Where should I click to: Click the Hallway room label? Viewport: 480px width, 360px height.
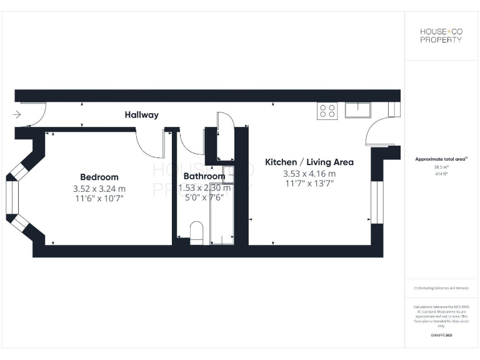click(141, 115)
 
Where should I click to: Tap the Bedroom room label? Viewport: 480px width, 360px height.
click(99, 177)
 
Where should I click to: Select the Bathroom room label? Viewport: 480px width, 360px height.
click(204, 176)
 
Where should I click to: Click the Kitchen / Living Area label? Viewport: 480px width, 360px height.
click(309, 162)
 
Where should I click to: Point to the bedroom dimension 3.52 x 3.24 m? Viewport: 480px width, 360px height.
click(99, 188)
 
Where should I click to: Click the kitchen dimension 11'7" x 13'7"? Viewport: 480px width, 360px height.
click(309, 184)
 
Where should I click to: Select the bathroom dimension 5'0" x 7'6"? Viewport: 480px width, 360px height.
click(204, 198)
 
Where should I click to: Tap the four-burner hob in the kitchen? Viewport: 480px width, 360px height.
click(327, 111)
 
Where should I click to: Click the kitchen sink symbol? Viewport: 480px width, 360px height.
click(357, 110)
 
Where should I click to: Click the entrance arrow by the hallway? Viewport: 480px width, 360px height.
click(17, 115)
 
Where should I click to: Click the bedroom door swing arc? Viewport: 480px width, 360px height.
click(150, 147)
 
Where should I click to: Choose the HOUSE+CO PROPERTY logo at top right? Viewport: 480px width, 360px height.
click(441, 35)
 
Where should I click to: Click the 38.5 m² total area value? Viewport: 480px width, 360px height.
click(442, 167)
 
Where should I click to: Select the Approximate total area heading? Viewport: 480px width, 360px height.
click(441, 159)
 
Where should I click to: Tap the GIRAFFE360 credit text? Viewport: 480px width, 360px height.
click(441, 336)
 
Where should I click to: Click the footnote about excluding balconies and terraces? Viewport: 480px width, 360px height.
click(441, 288)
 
